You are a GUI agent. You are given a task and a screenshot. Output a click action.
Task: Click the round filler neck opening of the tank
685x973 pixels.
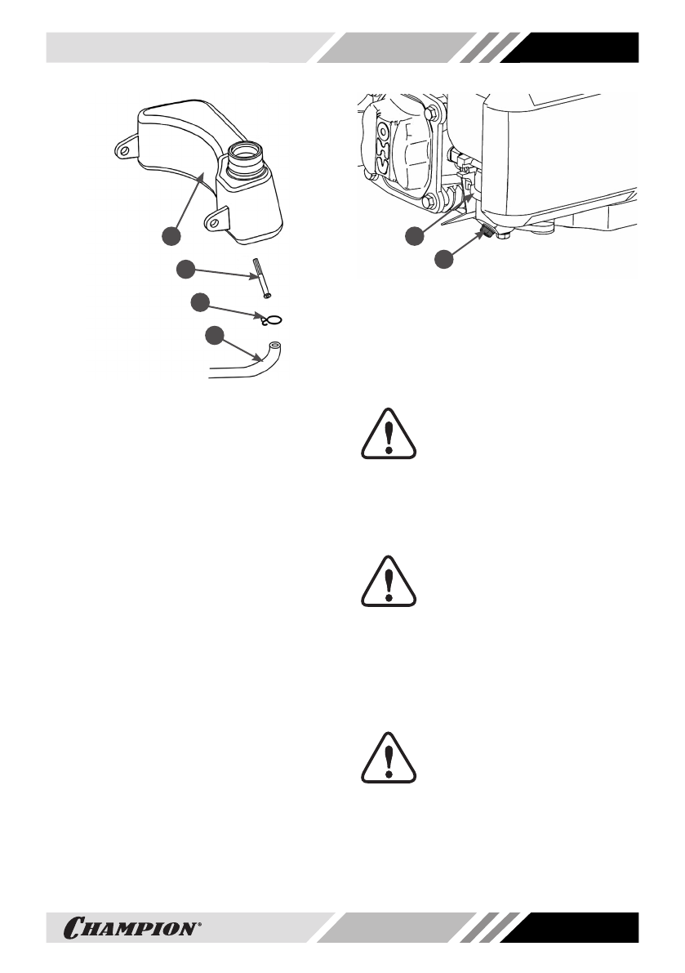[x=247, y=150]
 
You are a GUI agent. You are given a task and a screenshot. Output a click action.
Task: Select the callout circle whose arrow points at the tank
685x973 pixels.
[x=171, y=236]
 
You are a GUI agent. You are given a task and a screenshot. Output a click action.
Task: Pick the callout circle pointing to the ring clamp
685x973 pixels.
[x=201, y=303]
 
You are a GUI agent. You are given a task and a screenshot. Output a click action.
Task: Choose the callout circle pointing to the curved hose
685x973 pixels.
[x=214, y=335]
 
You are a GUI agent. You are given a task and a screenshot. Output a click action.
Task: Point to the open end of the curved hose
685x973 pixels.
[x=274, y=347]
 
